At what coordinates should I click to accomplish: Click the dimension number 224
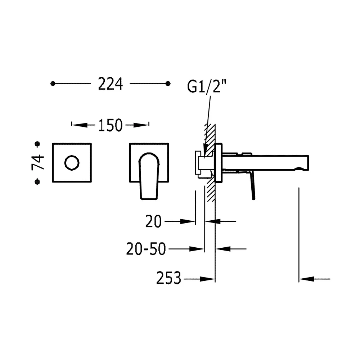coord(111,84)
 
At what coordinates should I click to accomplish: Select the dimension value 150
coord(110,125)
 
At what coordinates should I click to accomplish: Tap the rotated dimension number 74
coord(38,162)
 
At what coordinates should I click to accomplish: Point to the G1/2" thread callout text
coord(207,87)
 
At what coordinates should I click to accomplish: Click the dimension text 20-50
coord(146,249)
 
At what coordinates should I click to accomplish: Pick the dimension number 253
coord(169,278)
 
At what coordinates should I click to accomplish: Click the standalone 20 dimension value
coord(154,221)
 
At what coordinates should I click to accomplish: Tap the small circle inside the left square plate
coord(72,163)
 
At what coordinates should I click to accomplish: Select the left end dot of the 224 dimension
coord(53,84)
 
